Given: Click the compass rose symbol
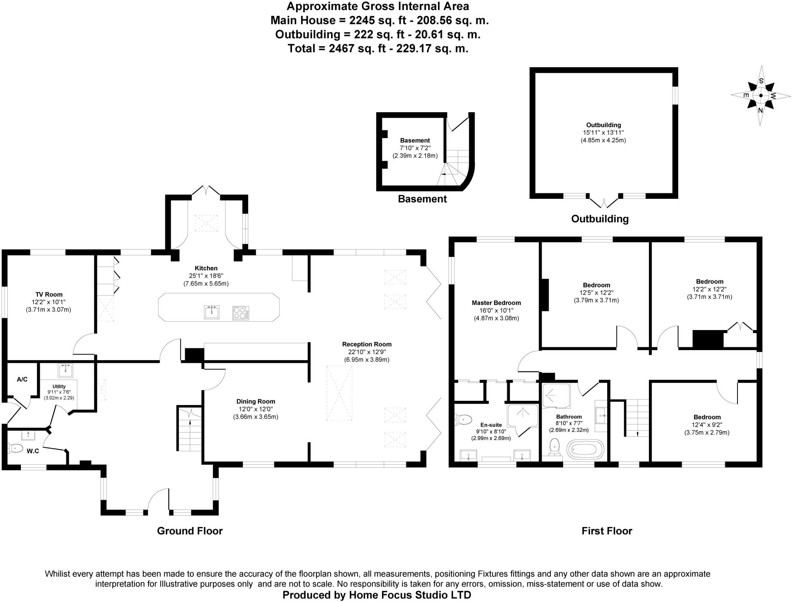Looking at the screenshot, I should point(761,96).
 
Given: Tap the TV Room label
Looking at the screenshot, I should point(49,294).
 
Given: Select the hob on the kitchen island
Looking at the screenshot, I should point(241,313).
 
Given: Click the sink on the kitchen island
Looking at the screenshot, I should point(212,311).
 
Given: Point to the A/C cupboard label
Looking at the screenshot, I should point(22,380).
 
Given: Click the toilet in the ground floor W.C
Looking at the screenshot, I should point(16,448).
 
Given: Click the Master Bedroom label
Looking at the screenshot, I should point(496,303).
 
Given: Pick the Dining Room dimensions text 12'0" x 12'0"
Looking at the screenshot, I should point(256,409).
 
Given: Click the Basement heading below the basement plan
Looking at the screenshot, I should point(422,199).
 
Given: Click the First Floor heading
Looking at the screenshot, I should point(606,531).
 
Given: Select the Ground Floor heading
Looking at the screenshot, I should point(189,531).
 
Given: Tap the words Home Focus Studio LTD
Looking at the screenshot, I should point(410,595).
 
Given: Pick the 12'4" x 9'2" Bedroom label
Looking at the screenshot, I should point(707,417).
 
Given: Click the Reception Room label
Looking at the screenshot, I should point(367,344).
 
